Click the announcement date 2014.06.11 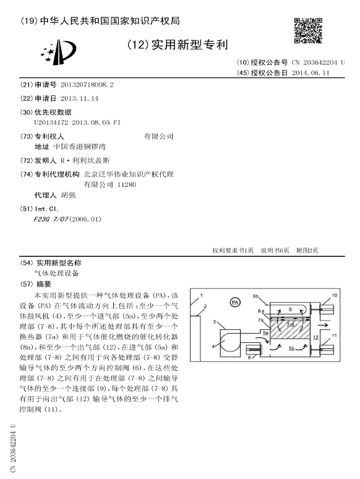[311, 72]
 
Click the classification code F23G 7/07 [51, 218]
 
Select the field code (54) [26, 262]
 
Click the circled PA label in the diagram [234, 302]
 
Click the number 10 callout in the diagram [335, 296]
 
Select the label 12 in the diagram [315, 338]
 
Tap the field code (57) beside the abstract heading [26, 284]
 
